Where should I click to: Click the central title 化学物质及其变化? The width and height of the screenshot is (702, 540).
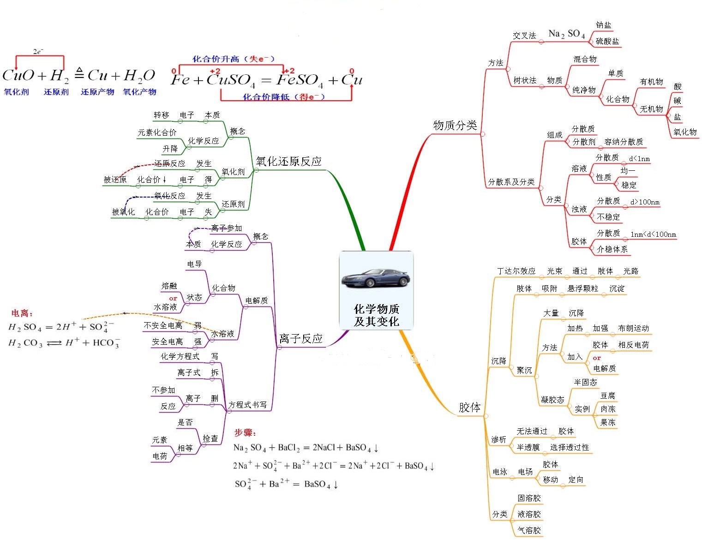[376, 315]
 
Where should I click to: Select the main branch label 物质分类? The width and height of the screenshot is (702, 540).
[455, 125]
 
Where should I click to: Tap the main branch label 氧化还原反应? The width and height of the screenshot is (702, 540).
[288, 161]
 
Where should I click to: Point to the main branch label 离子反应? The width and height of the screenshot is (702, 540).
[300, 338]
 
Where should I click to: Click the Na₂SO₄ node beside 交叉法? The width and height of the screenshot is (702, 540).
[566, 34]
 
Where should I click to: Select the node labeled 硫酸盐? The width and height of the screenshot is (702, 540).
[607, 41]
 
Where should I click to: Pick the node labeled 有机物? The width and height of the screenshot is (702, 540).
[651, 82]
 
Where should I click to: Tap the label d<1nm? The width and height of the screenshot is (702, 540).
[639, 159]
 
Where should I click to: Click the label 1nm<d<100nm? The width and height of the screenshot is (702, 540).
[653, 234]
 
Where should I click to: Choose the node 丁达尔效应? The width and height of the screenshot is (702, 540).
[516, 271]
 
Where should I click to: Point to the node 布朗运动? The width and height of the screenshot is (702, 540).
[633, 328]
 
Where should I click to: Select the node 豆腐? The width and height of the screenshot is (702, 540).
[607, 396]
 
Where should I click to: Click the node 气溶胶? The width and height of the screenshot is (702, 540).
[529, 530]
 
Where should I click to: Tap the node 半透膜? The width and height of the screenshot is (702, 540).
[528, 447]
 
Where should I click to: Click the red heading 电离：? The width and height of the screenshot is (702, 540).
[22, 313]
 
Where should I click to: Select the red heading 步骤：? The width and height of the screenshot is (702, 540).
[245, 432]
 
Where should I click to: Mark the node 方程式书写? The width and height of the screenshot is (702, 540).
[247, 405]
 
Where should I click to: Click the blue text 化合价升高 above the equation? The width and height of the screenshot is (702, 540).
[216, 59]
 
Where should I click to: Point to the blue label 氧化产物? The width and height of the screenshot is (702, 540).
[139, 92]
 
